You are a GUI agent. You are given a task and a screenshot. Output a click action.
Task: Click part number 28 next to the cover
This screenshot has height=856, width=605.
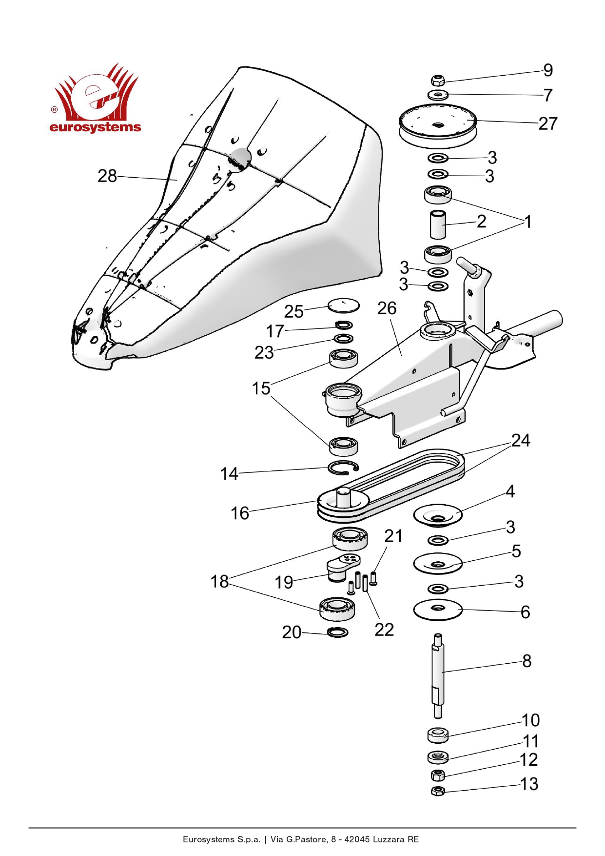pyautogui.click(x=107, y=176)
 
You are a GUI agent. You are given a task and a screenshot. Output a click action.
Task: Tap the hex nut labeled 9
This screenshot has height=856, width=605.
pyautogui.click(x=438, y=80)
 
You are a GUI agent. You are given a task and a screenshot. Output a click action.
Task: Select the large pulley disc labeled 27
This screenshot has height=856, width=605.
pyautogui.click(x=437, y=125)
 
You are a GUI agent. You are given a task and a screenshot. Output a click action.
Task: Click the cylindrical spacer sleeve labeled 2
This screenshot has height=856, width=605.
pyautogui.click(x=438, y=224)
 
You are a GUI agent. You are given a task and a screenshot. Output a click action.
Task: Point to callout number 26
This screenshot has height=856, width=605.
pyautogui.click(x=387, y=308)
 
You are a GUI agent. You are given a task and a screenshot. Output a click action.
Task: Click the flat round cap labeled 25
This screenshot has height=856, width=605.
pyautogui.click(x=344, y=306)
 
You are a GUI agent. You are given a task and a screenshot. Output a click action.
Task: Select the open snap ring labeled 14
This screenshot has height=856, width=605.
pyautogui.click(x=343, y=467)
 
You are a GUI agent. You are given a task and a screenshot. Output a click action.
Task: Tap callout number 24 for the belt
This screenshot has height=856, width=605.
pyautogui.click(x=520, y=441)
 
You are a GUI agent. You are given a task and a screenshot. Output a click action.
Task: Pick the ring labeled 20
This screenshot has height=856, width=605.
pyautogui.click(x=338, y=632)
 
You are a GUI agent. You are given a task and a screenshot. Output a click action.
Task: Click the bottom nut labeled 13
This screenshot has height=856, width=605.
pyautogui.click(x=438, y=791)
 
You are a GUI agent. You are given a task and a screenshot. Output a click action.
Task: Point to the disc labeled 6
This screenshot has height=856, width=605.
pyautogui.click(x=438, y=609)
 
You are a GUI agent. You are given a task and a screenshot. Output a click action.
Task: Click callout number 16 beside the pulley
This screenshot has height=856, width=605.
pyautogui.click(x=239, y=513)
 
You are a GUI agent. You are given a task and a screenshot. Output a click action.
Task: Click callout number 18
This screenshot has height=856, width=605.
pyautogui.click(x=219, y=581)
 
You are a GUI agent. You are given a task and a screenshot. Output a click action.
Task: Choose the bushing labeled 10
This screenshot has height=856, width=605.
pyautogui.click(x=438, y=734)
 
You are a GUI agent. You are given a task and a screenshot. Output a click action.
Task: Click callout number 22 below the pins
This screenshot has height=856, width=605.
pyautogui.click(x=384, y=630)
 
